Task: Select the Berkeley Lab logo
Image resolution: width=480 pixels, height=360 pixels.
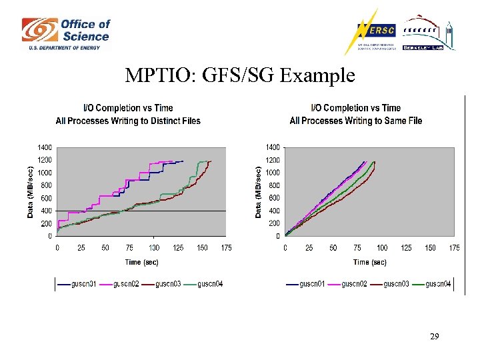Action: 428,33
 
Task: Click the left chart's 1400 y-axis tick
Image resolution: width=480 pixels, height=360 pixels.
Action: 44,147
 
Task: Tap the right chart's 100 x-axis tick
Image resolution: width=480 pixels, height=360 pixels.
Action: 382,248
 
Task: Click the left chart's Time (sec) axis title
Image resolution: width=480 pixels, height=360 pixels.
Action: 143,262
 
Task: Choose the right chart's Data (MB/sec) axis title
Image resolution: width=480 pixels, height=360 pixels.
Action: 258,192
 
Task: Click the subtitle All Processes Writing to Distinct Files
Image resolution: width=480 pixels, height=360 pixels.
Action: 128,121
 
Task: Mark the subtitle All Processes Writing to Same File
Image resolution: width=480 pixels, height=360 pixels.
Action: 356,121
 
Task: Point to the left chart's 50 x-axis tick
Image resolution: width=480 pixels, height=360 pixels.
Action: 105,248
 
